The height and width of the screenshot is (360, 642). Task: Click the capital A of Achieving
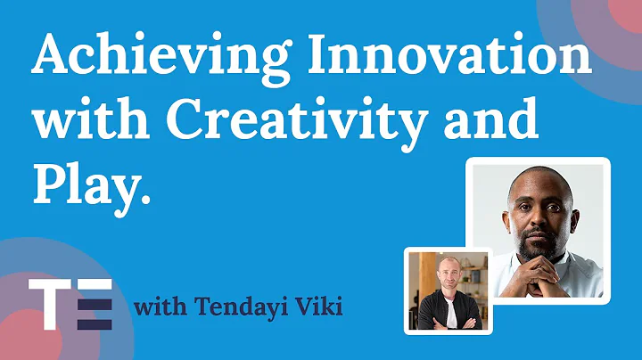(52, 60)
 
